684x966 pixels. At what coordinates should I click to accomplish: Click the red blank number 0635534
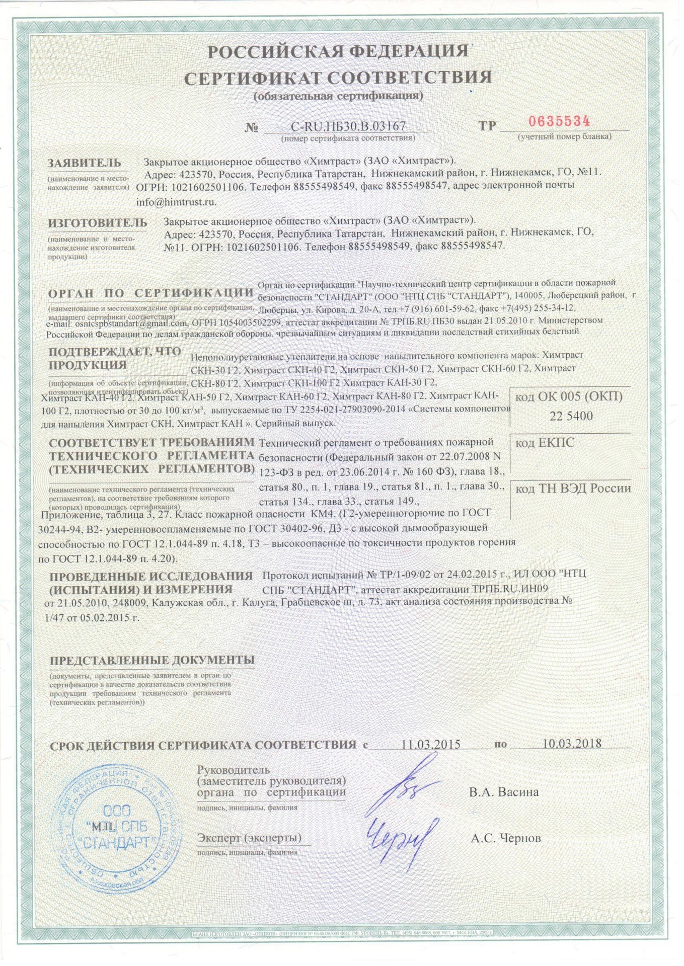tap(559, 122)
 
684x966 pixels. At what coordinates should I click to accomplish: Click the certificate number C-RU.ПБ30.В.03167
tap(348, 126)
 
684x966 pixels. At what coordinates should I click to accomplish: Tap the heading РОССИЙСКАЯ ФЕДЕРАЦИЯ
tap(338, 51)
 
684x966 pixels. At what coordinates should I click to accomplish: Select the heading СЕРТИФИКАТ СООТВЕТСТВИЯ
tap(338, 77)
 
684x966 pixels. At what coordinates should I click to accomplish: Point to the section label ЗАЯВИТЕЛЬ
tap(85, 163)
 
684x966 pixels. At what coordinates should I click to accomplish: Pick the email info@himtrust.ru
tap(176, 202)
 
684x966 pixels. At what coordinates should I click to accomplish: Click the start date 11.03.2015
tap(431, 744)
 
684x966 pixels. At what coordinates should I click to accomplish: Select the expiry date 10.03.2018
tap(572, 744)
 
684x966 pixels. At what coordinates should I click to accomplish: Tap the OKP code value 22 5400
tap(571, 416)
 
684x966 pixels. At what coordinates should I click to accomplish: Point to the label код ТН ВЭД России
tap(573, 489)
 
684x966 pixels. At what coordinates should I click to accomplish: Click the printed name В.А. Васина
tap(504, 792)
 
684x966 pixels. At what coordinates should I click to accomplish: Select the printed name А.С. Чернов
tap(506, 838)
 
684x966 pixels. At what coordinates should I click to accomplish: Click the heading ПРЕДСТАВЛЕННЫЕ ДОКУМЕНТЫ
tap(152, 660)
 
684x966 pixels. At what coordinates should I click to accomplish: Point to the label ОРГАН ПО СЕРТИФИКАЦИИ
tap(151, 293)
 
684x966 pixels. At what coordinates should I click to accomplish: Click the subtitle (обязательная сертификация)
tap(338, 96)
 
